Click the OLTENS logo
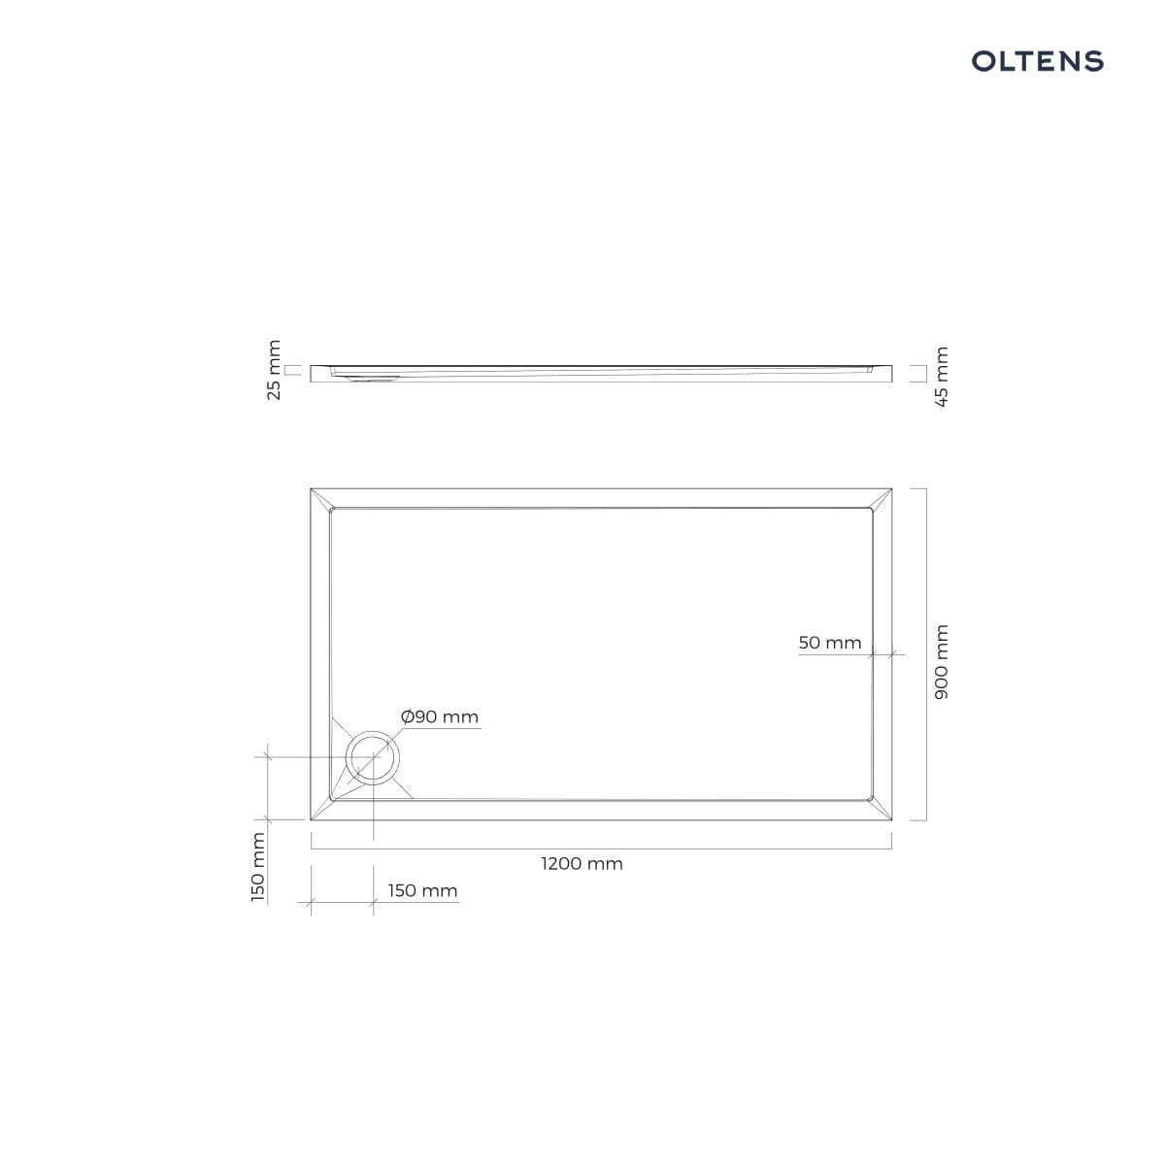pos(1038,61)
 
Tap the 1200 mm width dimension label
pos(582,863)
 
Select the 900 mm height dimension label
pos(941,662)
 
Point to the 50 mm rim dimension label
pos(829,643)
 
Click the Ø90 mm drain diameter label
pos(440,717)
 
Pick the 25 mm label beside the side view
pos(274,370)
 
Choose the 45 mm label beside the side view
pos(942,377)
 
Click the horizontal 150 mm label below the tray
pos(422,890)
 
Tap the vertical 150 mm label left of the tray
pos(258,868)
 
